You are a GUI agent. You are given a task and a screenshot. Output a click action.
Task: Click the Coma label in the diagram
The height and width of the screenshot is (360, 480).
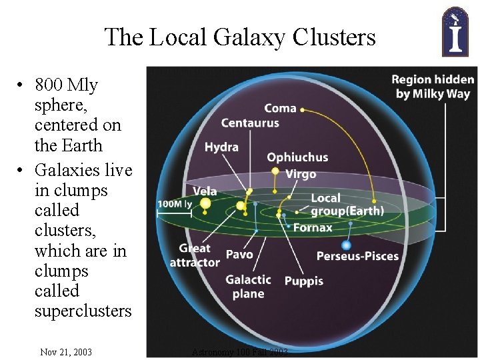click(x=280, y=108)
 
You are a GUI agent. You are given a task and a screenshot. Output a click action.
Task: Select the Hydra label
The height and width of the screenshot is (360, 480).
click(x=221, y=147)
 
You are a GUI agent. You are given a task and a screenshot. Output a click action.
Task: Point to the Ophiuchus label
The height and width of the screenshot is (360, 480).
click(x=297, y=158)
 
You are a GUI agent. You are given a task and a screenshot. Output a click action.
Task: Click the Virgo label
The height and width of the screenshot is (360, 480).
click(x=301, y=174)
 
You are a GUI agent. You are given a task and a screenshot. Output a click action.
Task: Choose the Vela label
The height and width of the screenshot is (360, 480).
click(x=205, y=191)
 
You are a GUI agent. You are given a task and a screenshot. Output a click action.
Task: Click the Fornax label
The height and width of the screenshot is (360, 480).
click(x=313, y=228)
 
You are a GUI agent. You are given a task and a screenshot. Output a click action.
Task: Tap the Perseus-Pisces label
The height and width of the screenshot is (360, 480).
click(x=357, y=256)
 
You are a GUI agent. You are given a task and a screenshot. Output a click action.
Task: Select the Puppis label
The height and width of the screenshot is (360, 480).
click(x=304, y=281)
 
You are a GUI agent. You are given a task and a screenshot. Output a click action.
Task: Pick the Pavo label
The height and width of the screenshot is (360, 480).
click(x=239, y=254)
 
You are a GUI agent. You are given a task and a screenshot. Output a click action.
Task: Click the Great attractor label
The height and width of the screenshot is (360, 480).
click(x=195, y=255)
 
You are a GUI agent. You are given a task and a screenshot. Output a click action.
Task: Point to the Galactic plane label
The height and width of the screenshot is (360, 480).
click(x=248, y=287)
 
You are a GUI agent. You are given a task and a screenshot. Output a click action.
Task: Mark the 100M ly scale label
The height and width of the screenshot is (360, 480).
click(x=174, y=203)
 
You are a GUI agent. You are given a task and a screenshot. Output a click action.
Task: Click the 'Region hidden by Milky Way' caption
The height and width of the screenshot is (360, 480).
click(x=432, y=87)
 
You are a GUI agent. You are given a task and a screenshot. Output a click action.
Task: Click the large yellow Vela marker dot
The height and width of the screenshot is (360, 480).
click(x=205, y=203)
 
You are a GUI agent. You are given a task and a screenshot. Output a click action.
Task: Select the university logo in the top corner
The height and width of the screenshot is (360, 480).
click(x=455, y=31)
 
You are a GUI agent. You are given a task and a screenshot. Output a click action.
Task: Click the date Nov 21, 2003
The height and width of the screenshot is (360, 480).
click(x=66, y=352)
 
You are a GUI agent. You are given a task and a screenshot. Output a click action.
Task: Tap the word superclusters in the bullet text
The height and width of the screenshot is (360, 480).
click(x=83, y=311)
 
